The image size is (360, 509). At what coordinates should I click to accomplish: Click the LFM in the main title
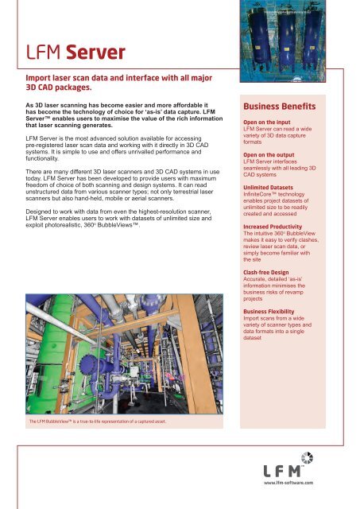(42, 54)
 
